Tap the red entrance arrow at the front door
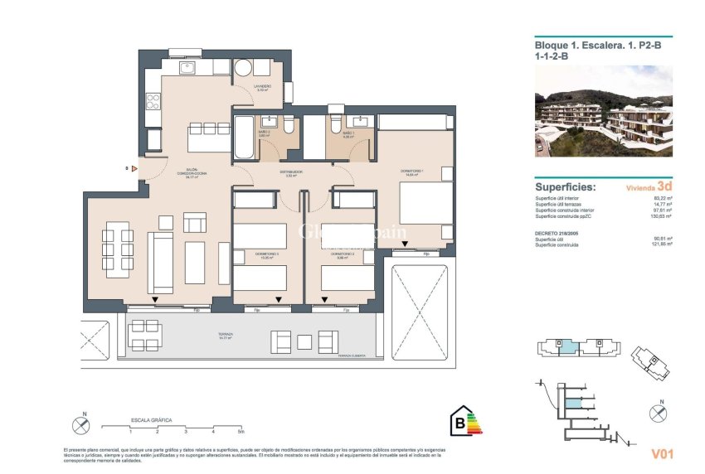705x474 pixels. click(134, 168)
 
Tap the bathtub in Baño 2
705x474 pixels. click(245, 138)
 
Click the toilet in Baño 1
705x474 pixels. click(333, 125)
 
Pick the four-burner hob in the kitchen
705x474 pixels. click(153, 102)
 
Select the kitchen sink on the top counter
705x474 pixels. click(185, 66)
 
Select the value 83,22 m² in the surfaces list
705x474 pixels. click(659, 199)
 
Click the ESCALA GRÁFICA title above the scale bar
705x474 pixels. click(152, 420)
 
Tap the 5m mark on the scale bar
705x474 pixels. click(241, 432)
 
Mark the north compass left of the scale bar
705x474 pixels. click(80, 425)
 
